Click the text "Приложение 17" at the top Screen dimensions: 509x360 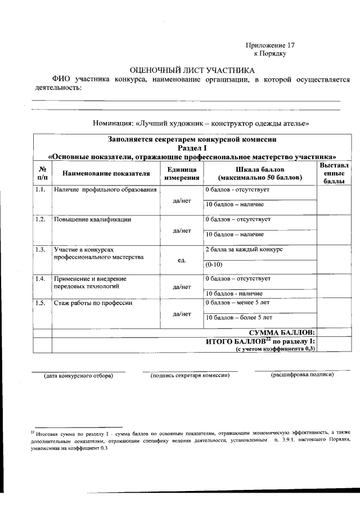(x=271, y=45)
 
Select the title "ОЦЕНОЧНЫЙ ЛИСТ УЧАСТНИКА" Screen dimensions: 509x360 (x=192, y=70)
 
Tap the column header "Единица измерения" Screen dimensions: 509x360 (x=182, y=173)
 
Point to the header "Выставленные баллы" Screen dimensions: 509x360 (x=334, y=173)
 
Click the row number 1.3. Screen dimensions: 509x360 (x=40, y=249)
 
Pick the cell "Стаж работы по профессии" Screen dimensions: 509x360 (x=93, y=303)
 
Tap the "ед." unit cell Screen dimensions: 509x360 (x=182, y=260)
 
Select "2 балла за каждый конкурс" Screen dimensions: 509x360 (x=244, y=249)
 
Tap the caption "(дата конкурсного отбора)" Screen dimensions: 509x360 (x=78, y=375)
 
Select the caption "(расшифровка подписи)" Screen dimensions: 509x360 (x=302, y=375)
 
